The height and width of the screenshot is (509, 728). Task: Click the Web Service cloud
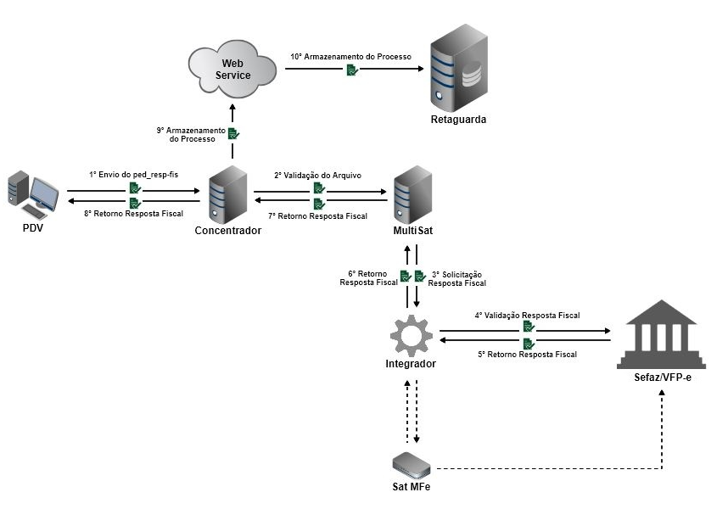click(234, 69)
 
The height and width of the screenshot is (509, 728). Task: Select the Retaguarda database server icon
click(459, 69)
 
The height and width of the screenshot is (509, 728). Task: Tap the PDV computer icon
click(33, 194)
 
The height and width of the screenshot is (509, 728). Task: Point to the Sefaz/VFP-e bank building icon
click(659, 334)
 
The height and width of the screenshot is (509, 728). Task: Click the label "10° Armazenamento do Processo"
click(351, 56)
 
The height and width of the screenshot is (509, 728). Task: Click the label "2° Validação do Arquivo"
click(317, 175)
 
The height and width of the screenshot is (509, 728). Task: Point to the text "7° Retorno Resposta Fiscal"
click(317, 216)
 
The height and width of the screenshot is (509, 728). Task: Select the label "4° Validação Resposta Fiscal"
click(527, 315)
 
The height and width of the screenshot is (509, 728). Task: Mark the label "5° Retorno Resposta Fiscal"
click(527, 354)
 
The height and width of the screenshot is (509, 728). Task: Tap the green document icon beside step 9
click(233, 133)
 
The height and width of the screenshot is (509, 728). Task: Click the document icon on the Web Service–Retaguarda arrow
click(351, 70)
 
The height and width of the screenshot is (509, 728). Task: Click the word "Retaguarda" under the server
click(459, 120)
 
